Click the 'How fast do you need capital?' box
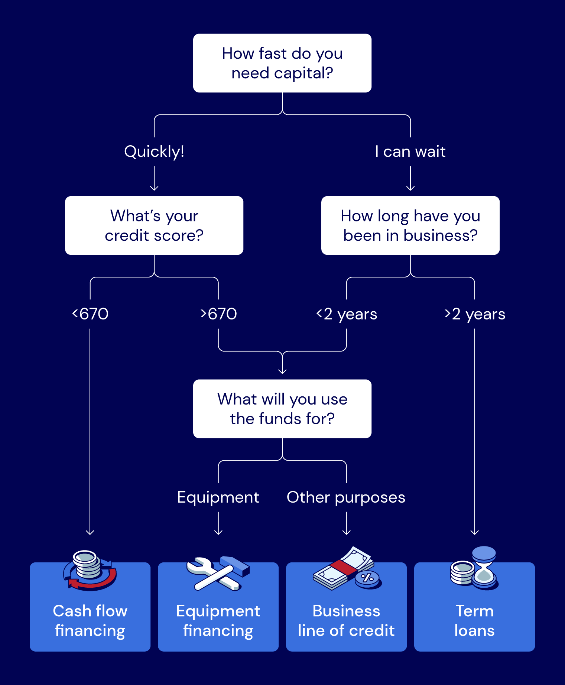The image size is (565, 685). coord(282,63)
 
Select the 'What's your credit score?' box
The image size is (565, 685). coord(154,225)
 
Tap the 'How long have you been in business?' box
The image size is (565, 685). coord(410,225)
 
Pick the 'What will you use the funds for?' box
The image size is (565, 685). coord(282,409)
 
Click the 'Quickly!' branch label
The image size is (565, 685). coord(154,152)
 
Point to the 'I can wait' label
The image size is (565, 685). coord(410,152)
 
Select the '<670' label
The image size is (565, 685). coord(90,314)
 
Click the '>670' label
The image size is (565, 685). coord(218,314)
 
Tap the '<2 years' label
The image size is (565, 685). coord(347,314)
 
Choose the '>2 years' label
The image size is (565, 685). coord(475,314)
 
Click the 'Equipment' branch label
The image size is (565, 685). coord(218,497)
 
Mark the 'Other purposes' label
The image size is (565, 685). coord(346,497)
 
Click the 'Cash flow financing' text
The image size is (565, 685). coord(90,621)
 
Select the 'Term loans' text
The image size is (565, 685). coord(474,621)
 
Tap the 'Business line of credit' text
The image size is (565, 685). coord(346,621)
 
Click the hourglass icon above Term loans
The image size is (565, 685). coord(484,566)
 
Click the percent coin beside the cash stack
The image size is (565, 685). coord(367,578)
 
